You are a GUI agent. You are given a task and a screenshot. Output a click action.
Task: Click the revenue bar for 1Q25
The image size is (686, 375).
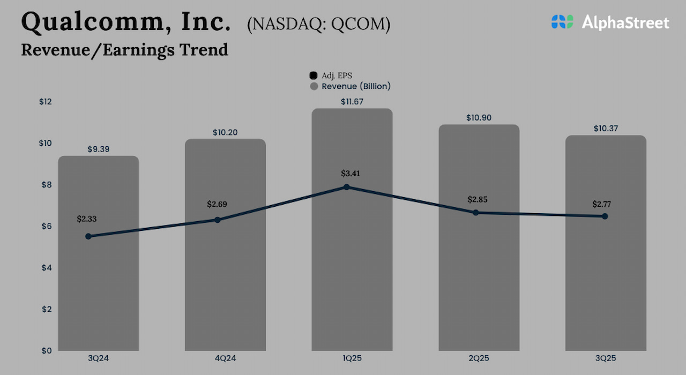pos(352,268)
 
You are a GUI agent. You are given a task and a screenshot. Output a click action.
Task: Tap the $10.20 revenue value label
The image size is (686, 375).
pos(225,132)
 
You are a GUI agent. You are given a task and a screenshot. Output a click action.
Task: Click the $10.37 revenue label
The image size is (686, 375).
pos(606,129)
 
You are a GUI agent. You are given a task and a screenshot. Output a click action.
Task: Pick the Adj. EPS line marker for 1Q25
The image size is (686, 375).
pos(347,187)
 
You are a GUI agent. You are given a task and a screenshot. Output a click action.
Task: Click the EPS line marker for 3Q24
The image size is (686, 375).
pos(88,236)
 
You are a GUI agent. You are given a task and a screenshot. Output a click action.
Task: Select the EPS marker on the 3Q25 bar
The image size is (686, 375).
pos(605,216)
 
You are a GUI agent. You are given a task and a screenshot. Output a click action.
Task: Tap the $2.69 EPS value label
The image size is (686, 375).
pos(220,204)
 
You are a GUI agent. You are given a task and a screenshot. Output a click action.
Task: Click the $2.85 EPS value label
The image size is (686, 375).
pos(479,199)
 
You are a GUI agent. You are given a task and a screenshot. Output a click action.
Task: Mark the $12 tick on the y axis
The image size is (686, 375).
pos(46,102)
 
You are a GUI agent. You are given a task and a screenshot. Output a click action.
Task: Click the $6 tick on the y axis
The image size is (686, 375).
pos(46,226)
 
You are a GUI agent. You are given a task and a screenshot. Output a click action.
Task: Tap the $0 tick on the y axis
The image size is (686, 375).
pos(46,350)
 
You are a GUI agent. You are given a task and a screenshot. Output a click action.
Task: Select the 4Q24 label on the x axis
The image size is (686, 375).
pos(225,358)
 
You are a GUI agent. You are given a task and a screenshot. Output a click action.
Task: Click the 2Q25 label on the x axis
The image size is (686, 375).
pos(479,358)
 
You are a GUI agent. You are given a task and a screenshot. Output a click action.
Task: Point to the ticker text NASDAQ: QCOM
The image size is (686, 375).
pos(318,25)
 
